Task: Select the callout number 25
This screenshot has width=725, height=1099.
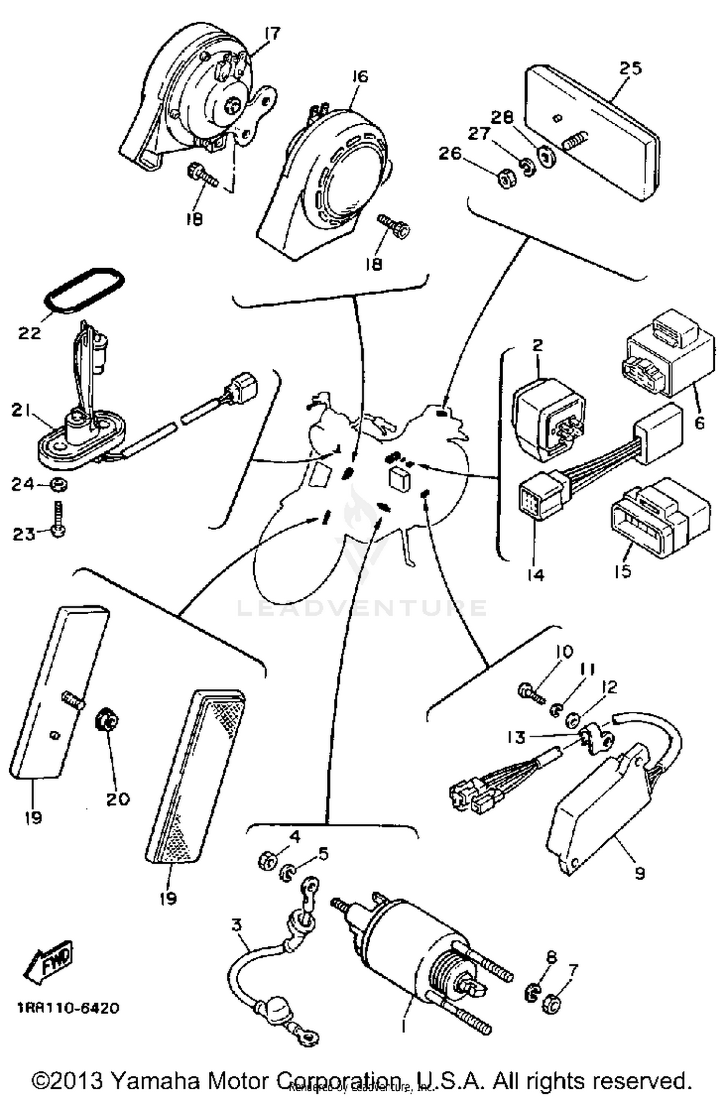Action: (x=630, y=68)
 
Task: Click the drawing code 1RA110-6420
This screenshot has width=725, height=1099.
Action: (x=68, y=1009)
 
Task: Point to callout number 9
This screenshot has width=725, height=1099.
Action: (x=639, y=873)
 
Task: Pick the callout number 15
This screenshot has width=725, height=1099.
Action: (x=623, y=571)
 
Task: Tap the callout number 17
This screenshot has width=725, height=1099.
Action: (x=272, y=34)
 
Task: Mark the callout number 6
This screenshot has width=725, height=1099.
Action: (x=699, y=423)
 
